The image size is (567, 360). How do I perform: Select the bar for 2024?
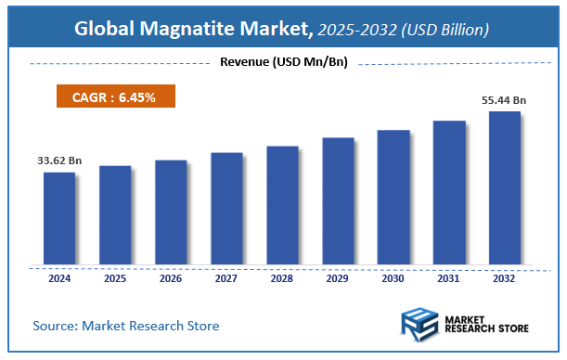click(59, 218)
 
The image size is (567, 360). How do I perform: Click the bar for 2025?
click(115, 214)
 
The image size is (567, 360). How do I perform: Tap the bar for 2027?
click(226, 208)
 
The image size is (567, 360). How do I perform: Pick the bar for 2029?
click(338, 200)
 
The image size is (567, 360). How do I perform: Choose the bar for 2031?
click(449, 192)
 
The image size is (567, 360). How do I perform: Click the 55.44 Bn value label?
click(506, 99)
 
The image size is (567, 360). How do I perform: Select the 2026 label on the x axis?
click(171, 279)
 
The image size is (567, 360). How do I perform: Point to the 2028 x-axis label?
click(282, 279)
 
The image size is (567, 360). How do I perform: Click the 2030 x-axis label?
click(393, 279)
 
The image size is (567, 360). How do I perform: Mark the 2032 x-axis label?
click(505, 279)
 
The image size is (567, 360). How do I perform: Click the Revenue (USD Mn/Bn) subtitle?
click(283, 62)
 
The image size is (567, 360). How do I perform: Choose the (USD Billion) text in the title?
click(446, 30)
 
